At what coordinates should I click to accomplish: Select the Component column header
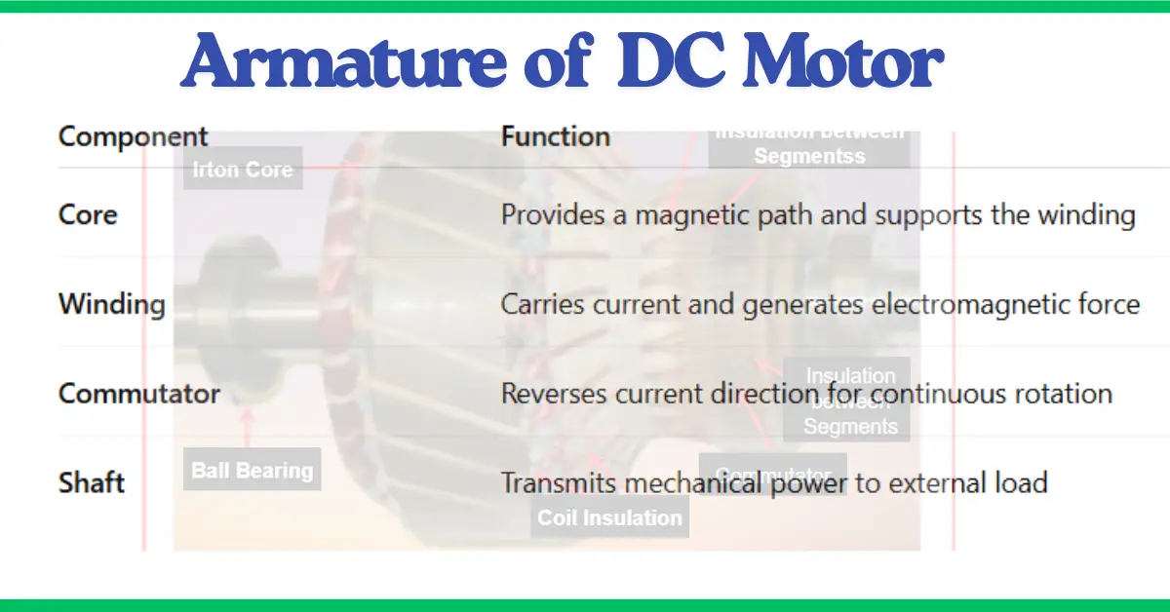(x=133, y=136)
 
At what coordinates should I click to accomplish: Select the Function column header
(x=555, y=136)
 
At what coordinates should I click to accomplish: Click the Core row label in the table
(x=88, y=214)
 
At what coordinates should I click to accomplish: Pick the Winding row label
(x=111, y=304)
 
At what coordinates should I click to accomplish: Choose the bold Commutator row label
(x=138, y=394)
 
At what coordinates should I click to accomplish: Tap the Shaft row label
(x=91, y=482)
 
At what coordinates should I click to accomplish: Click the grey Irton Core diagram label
(x=242, y=170)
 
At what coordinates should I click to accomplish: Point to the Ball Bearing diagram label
(x=252, y=471)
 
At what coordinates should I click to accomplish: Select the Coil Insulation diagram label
(x=609, y=517)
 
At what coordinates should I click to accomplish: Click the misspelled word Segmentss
(x=809, y=156)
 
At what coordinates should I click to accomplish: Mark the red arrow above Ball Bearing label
(x=248, y=426)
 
